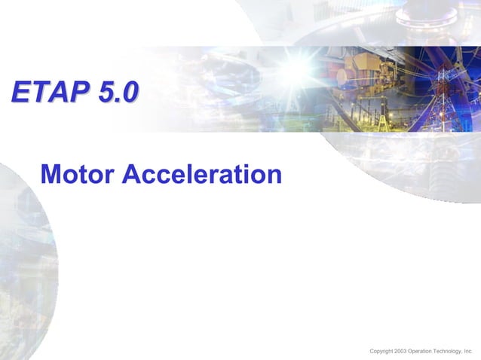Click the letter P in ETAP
coord(72,92)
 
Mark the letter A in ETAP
coord(54,92)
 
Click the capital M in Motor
coord(51,175)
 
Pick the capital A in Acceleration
coord(130,175)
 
